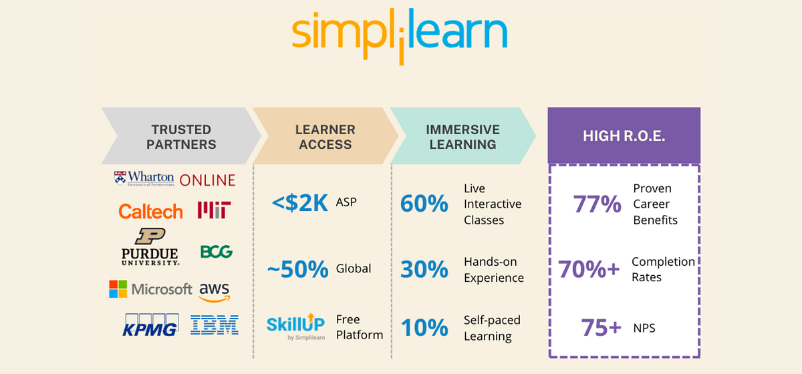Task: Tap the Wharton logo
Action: click(x=144, y=179)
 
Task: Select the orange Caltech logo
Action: click(x=150, y=212)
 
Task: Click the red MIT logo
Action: click(x=215, y=211)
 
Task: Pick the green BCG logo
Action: click(x=216, y=252)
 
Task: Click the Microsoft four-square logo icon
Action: click(x=118, y=289)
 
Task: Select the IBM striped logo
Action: click(x=215, y=325)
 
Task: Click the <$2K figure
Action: click(x=300, y=203)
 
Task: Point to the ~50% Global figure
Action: click(x=297, y=269)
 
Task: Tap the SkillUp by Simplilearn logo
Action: click(x=295, y=326)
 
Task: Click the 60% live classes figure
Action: click(x=424, y=204)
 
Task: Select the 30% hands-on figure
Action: click(x=424, y=269)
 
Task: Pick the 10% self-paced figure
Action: click(x=424, y=328)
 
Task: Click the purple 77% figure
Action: click(x=597, y=204)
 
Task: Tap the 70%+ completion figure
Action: click(x=589, y=269)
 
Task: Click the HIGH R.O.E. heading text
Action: click(x=624, y=136)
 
